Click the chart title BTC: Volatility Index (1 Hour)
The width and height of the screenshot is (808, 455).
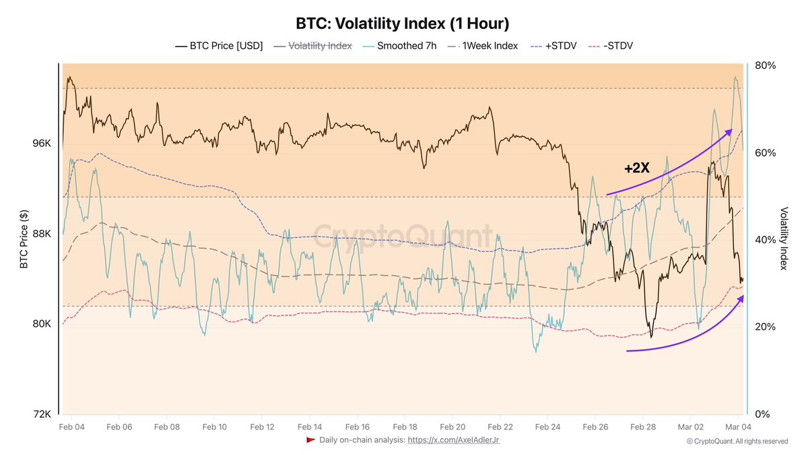click(x=403, y=23)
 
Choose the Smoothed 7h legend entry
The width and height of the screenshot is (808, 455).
click(x=400, y=46)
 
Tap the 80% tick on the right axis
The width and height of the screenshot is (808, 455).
click(x=765, y=65)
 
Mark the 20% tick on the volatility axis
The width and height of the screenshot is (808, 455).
click(x=765, y=327)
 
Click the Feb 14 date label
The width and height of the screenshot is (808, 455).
click(x=310, y=427)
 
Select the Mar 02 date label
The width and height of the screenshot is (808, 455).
click(x=690, y=427)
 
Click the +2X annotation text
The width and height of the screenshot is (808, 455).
click(x=636, y=168)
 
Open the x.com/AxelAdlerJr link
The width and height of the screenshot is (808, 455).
click(x=453, y=439)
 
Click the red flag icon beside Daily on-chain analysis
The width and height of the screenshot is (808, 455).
click(x=310, y=439)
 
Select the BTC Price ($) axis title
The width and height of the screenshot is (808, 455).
click(x=24, y=239)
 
